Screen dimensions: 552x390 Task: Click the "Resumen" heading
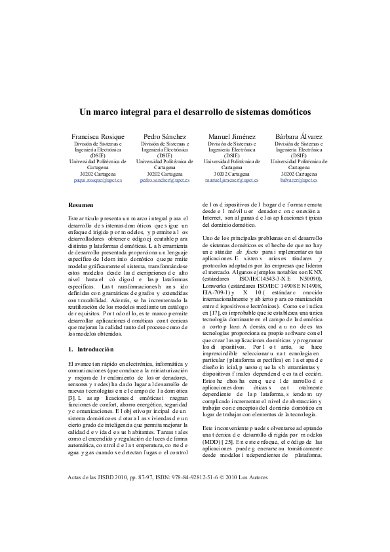pyautogui.click(x=81, y=205)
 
